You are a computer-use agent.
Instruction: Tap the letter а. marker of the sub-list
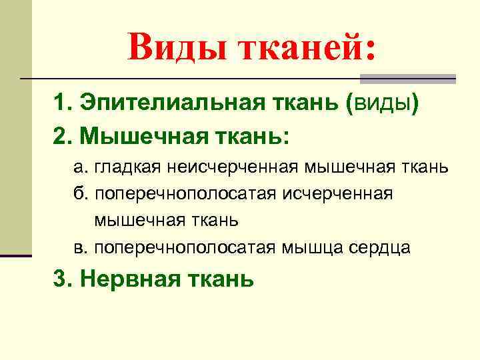(x=80, y=165)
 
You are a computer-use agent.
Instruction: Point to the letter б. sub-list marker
(x=80, y=193)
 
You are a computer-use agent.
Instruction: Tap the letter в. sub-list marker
(x=80, y=248)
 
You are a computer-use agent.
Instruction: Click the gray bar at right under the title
(x=407, y=79)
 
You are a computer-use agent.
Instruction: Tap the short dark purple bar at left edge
(x=15, y=255)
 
